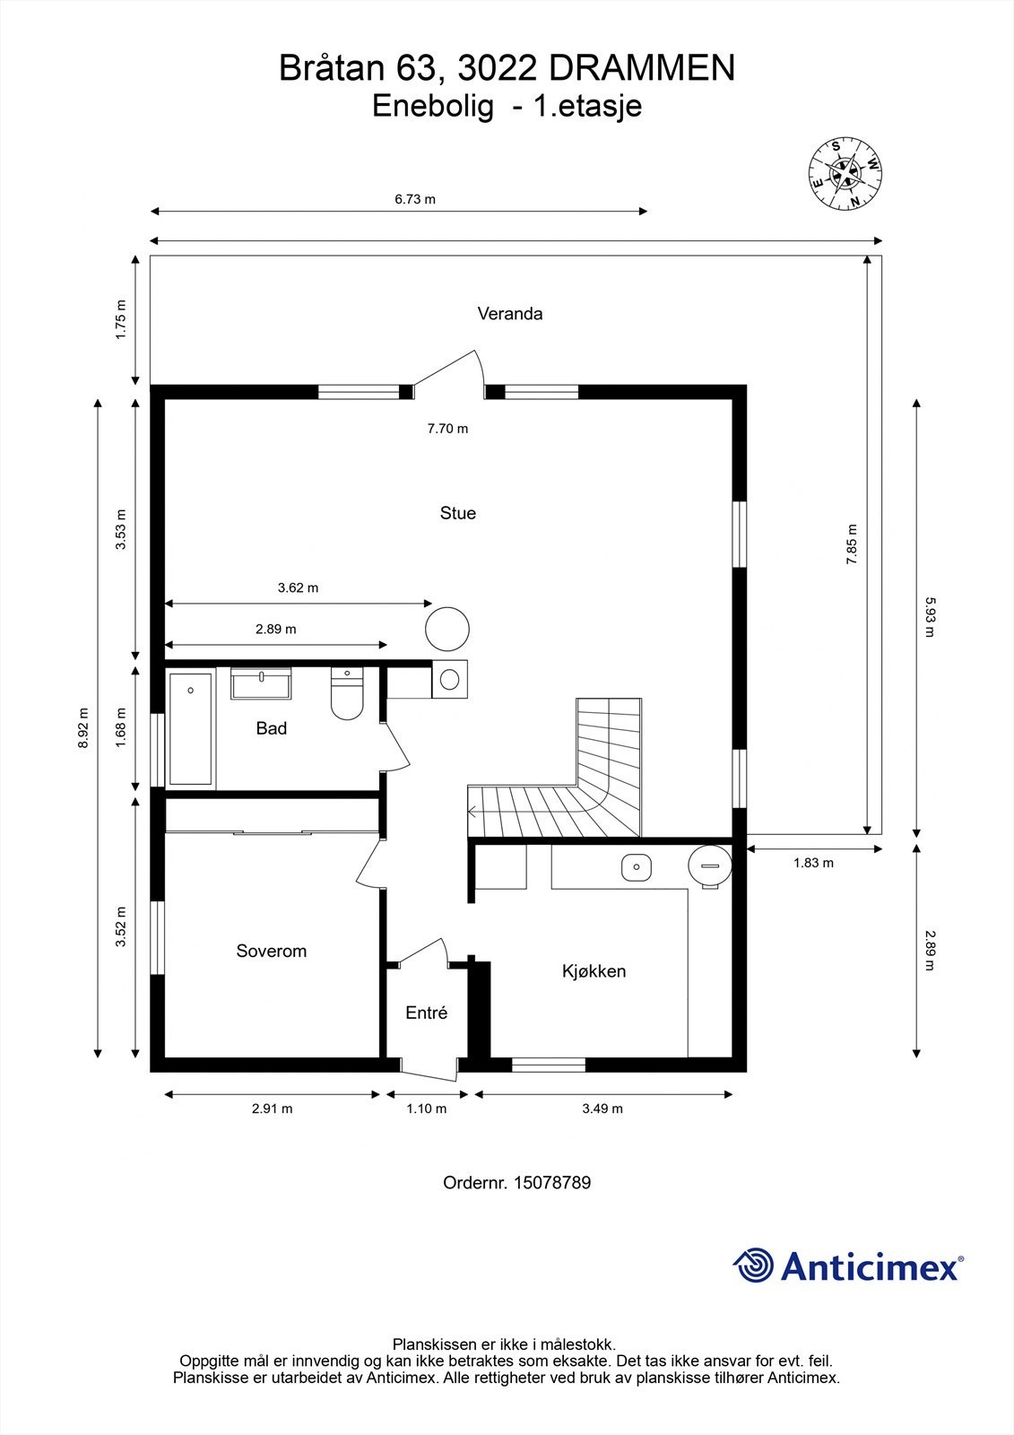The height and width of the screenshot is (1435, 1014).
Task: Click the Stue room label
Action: click(x=457, y=513)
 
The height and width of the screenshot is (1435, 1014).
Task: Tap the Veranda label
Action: click(x=509, y=314)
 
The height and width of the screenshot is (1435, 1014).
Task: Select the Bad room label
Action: click(x=271, y=728)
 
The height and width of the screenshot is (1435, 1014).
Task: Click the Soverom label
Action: click(x=271, y=951)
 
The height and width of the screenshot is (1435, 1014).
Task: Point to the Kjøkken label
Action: click(x=594, y=971)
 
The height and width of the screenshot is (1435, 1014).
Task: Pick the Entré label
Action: click(x=426, y=1013)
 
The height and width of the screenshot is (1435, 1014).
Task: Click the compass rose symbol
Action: click(x=845, y=174)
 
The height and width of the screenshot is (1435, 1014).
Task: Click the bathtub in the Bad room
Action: click(x=191, y=728)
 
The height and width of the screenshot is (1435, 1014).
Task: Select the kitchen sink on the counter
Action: click(x=636, y=867)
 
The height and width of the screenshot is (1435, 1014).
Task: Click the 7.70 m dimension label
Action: click(x=447, y=429)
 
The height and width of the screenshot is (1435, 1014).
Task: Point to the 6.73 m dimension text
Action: click(x=415, y=199)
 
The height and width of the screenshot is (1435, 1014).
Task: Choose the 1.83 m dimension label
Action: click(x=813, y=863)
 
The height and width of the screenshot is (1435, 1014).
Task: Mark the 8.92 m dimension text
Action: click(x=83, y=727)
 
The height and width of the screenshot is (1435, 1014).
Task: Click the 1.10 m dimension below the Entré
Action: click(x=426, y=1109)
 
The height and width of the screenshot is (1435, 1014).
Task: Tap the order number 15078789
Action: click(x=551, y=1182)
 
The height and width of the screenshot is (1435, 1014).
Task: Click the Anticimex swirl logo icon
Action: click(x=753, y=1265)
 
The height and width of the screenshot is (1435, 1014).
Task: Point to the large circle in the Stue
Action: click(x=446, y=628)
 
